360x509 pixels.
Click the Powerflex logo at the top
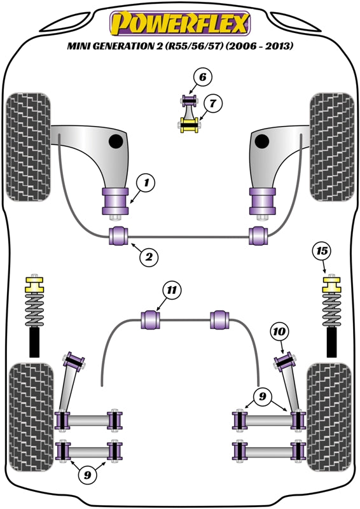pos(181,24)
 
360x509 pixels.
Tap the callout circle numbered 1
pos(146,185)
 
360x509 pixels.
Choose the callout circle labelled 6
pos(202,78)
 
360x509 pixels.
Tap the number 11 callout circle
pos(170,291)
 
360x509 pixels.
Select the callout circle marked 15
pos(323,251)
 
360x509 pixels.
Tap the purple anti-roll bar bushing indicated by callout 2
pos(119,235)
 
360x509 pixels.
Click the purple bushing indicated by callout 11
pos(153,319)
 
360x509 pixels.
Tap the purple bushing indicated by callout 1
pos(116,202)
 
